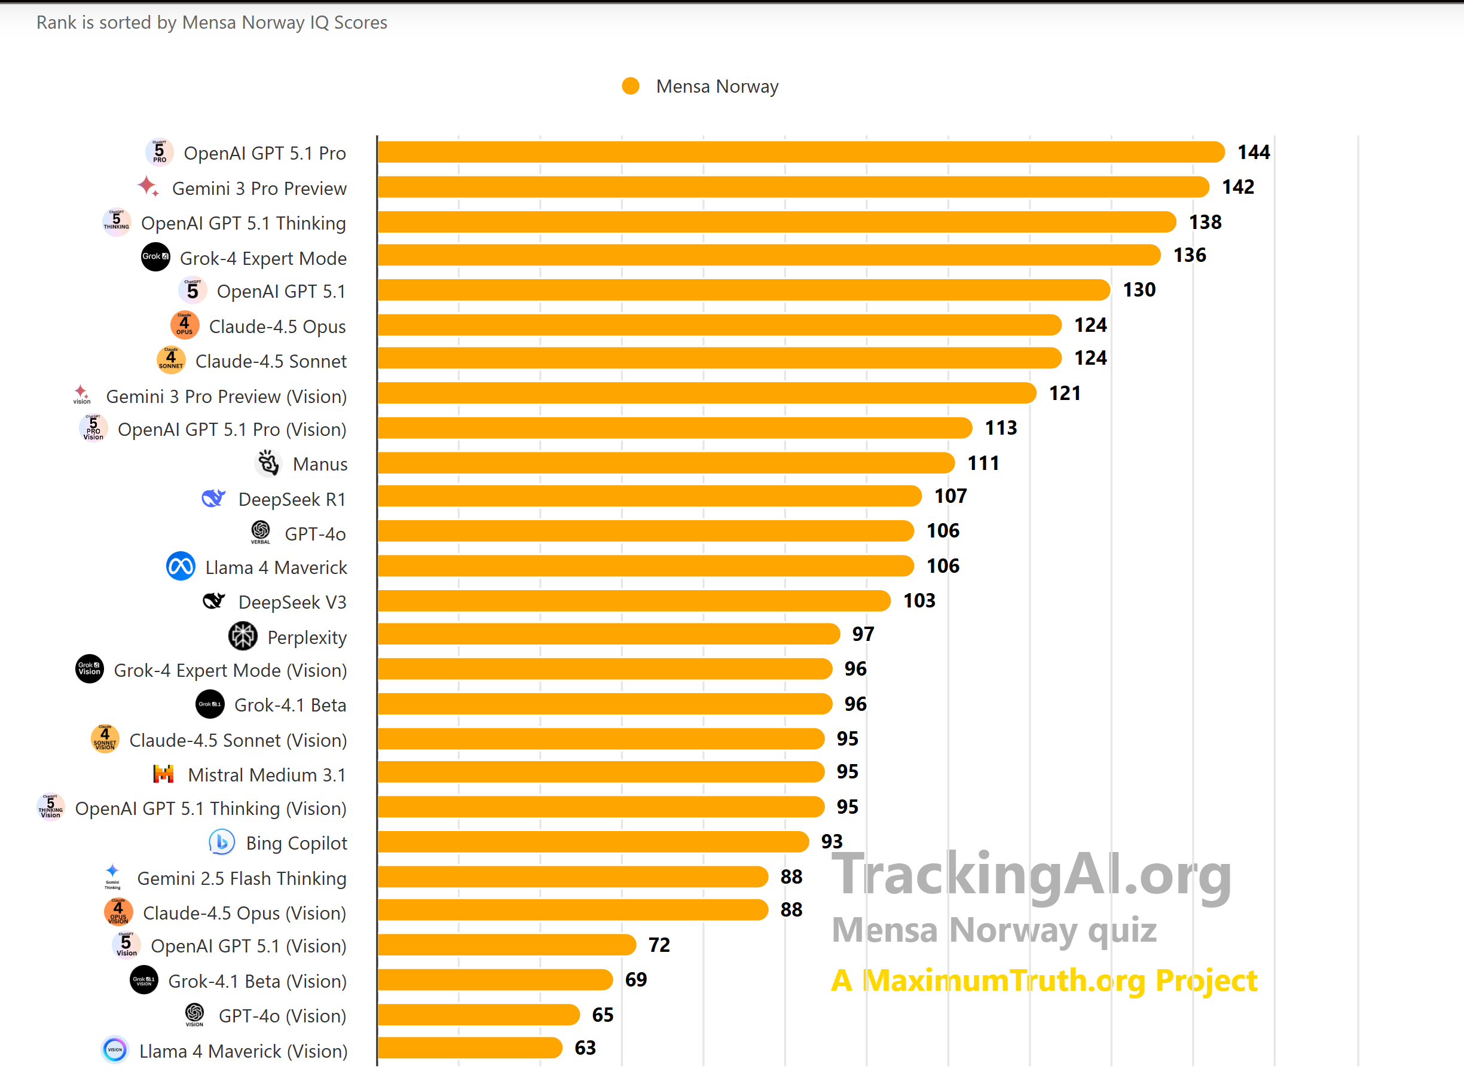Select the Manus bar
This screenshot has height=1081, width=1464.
click(665, 463)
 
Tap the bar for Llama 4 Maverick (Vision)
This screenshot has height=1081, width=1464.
click(469, 1048)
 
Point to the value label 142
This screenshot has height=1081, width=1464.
click(1237, 187)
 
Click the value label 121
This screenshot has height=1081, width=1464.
click(1064, 393)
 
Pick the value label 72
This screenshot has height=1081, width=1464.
click(659, 945)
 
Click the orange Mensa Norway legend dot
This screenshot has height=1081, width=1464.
click(631, 86)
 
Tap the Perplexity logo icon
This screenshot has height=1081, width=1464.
click(243, 636)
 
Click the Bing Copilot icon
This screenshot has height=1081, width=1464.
click(222, 842)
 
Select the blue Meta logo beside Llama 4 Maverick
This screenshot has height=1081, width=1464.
click(181, 567)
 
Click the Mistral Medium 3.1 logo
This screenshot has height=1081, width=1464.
click(164, 774)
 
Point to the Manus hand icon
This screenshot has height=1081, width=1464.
click(268, 463)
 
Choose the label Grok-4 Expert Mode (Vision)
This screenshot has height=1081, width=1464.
click(230, 671)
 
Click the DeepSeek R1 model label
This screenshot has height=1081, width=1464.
click(292, 499)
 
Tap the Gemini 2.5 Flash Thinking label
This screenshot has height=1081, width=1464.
click(242, 878)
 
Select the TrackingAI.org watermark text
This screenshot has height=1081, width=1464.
click(1032, 875)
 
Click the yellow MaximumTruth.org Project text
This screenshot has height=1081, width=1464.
click(1044, 980)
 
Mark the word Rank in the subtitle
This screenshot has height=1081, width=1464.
click(56, 23)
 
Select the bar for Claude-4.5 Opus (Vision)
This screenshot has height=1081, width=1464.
click(571, 910)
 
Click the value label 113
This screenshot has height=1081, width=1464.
click(1001, 428)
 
